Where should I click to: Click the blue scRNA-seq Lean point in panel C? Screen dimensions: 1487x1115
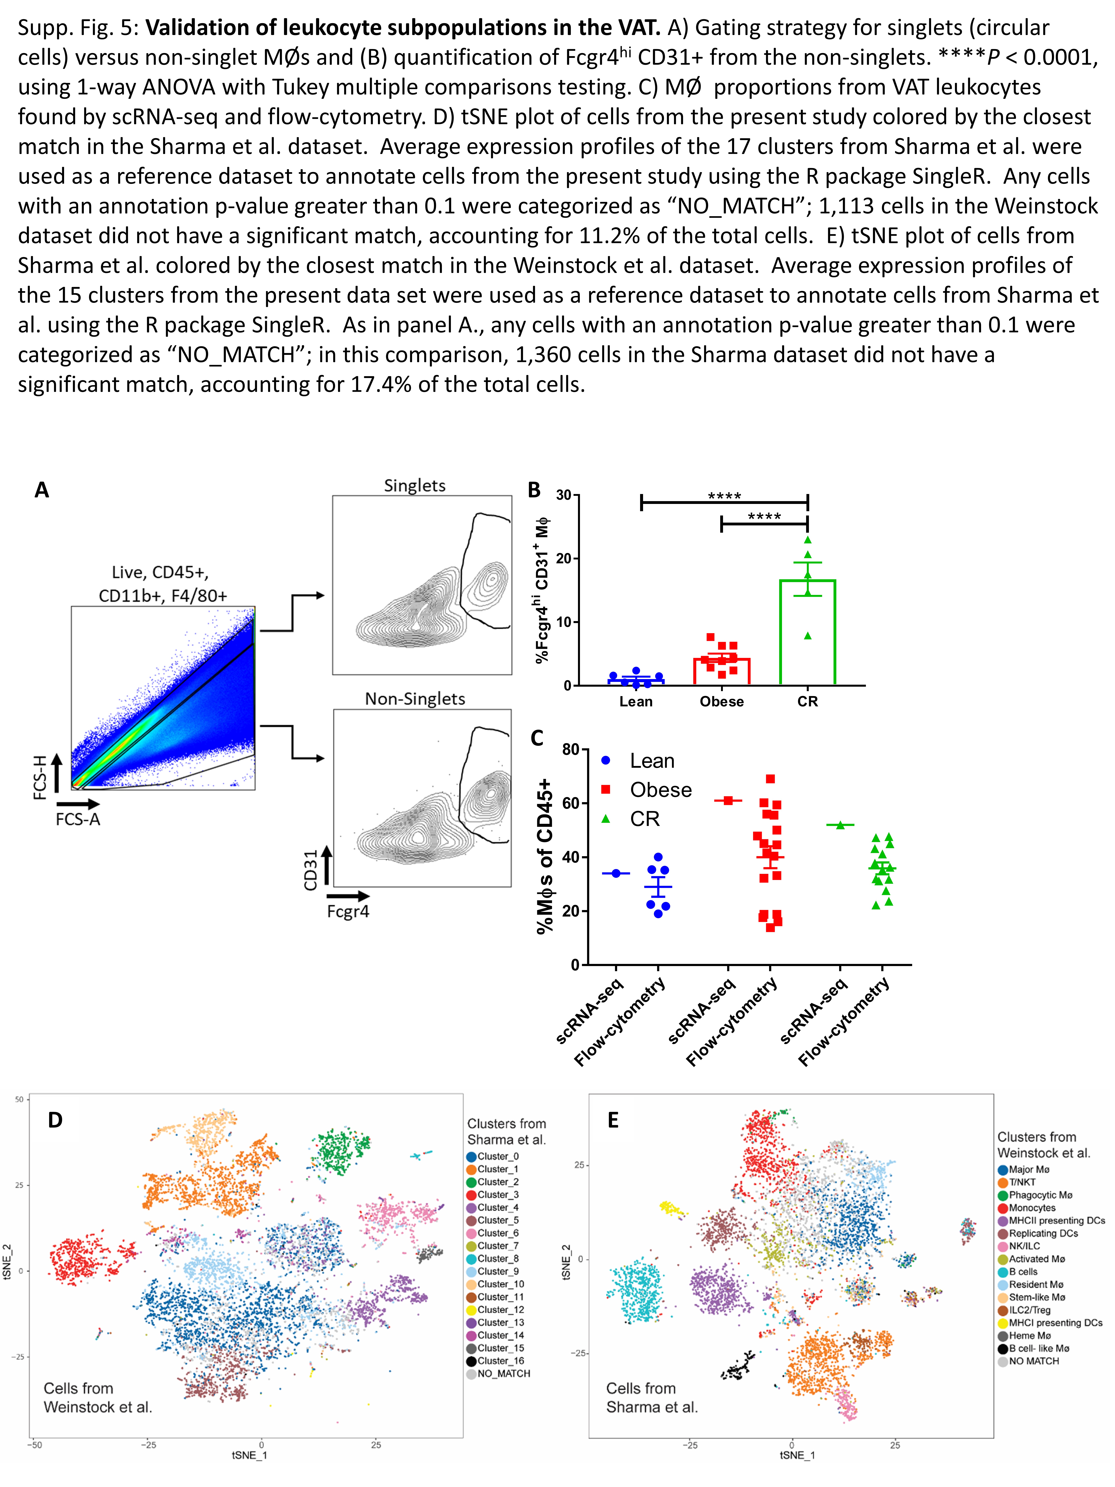(616, 873)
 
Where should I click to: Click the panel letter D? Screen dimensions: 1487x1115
(55, 1120)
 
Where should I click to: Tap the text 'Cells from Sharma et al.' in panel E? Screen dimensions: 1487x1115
(651, 1398)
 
